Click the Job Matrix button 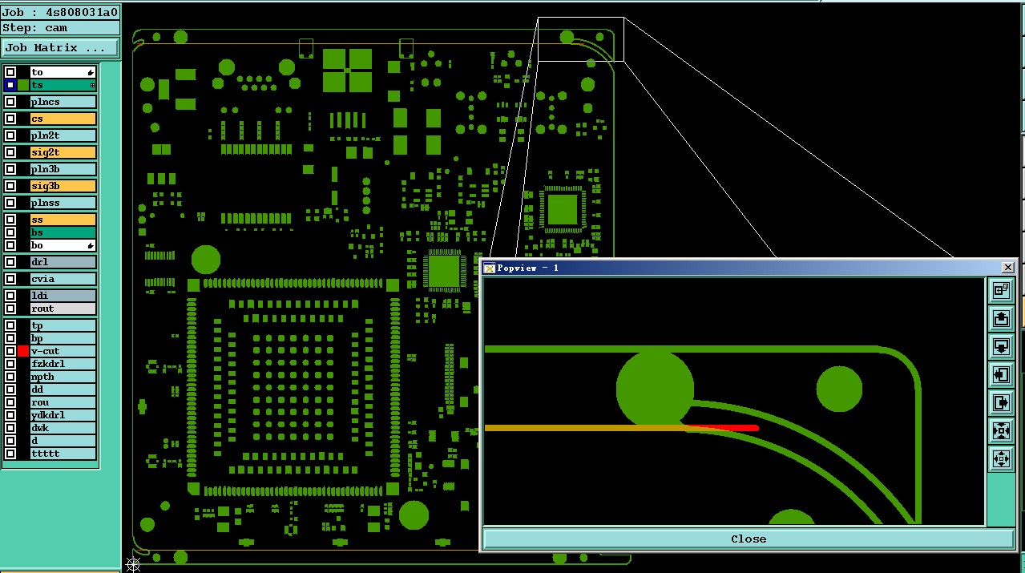pyautogui.click(x=60, y=48)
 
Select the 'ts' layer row pyautogui.click(x=63, y=85)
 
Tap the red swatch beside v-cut pyautogui.click(x=23, y=351)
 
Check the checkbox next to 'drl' pyautogui.click(x=10, y=262)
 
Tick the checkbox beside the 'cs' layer pyautogui.click(x=10, y=119)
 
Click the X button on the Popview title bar pyautogui.click(x=1007, y=268)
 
